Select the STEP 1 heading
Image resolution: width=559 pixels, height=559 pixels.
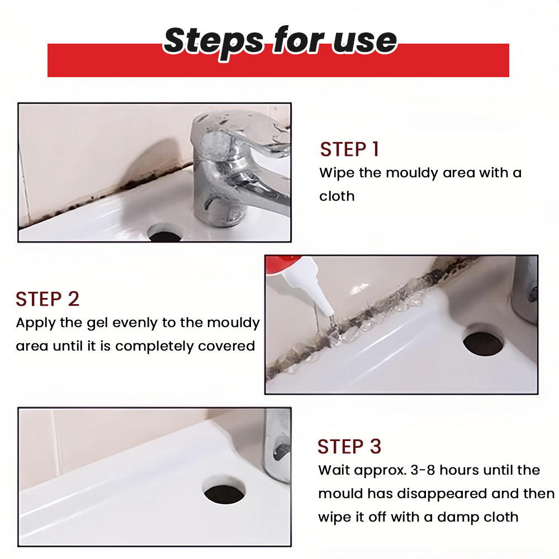(349, 149)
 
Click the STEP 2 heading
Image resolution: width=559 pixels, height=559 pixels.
(48, 299)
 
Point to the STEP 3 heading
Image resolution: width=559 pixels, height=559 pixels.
(349, 447)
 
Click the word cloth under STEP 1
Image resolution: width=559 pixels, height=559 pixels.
(337, 196)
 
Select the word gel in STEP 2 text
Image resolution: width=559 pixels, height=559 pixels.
(97, 323)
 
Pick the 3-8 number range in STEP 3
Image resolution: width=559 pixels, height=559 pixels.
(423, 470)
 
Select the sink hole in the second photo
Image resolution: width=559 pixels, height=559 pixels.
(484, 342)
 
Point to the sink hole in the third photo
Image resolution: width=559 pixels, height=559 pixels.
(225, 492)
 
